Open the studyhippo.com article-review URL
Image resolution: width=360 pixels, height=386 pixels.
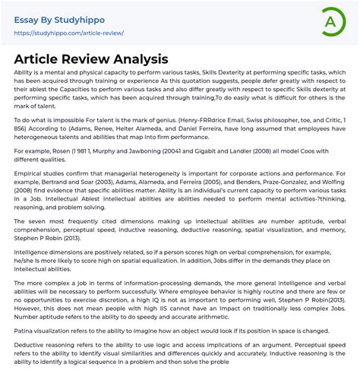(68, 33)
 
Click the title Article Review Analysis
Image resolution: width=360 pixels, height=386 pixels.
(90, 59)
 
